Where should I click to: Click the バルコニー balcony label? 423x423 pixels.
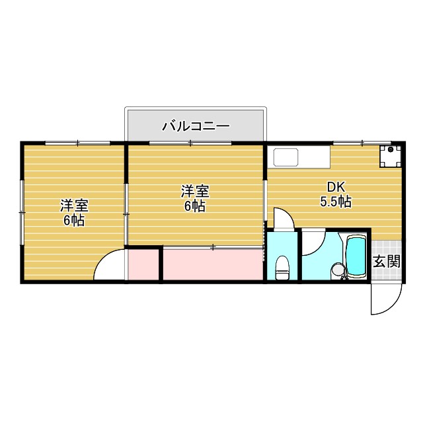[x=195, y=125]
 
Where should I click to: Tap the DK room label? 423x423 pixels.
[x=336, y=187]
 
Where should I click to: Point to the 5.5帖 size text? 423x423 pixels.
[x=336, y=202]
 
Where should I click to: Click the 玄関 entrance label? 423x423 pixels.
[x=387, y=261]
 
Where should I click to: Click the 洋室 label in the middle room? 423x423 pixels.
[x=195, y=192]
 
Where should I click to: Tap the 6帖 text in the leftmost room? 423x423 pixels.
[x=74, y=221]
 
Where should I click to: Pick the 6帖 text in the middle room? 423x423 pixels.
[x=195, y=206]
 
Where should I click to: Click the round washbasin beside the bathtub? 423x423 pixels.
[x=338, y=269]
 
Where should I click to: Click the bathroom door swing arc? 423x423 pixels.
[x=313, y=243]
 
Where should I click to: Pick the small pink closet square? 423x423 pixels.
[x=143, y=265]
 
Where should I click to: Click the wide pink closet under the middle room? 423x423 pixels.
[x=213, y=265]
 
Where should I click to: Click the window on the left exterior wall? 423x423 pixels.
[x=22, y=211]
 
